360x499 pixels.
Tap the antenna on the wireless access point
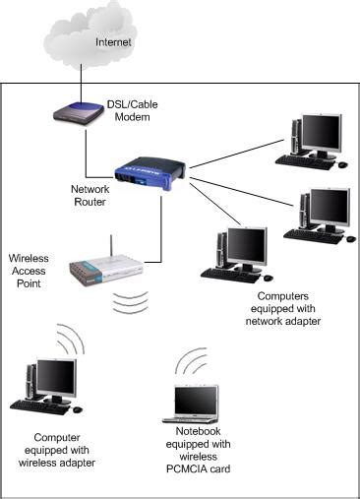point(110,246)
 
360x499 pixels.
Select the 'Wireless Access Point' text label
point(29,271)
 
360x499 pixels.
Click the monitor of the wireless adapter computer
point(55,376)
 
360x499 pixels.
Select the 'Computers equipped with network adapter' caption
point(288,308)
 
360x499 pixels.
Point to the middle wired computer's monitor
point(329,206)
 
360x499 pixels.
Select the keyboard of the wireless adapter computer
point(39,405)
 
